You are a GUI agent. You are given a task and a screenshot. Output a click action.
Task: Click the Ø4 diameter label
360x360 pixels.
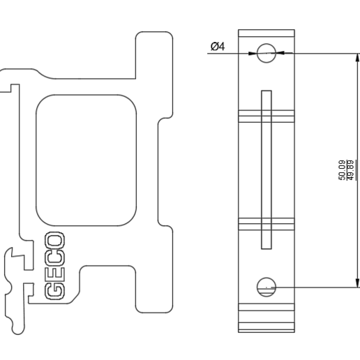[217, 47]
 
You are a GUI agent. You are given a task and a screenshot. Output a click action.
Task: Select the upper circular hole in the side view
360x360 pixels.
[267, 52]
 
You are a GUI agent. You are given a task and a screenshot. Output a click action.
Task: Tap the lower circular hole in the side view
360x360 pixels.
[267, 286]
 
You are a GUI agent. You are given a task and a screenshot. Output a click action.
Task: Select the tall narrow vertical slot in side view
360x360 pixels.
[266, 170]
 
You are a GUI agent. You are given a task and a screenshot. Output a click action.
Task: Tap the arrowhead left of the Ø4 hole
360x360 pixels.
[253, 52]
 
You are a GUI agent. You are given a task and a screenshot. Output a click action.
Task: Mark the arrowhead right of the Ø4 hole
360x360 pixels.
[281, 52]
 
